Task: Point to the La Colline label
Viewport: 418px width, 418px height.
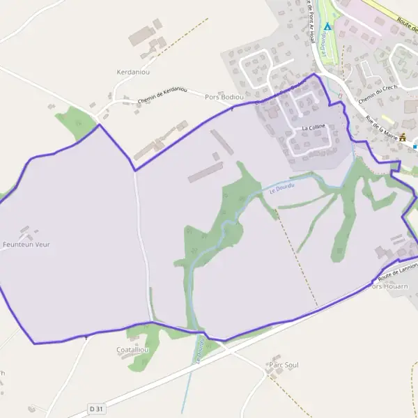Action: click(x=313, y=128)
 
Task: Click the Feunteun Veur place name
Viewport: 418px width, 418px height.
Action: click(x=26, y=245)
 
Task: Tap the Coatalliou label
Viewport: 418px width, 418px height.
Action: click(x=132, y=350)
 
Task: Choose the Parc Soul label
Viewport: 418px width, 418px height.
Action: click(x=283, y=365)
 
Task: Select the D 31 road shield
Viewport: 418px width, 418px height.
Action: click(x=96, y=408)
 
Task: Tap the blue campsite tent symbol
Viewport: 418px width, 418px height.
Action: click(x=327, y=26)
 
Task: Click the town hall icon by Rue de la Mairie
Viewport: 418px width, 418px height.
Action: click(x=403, y=137)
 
